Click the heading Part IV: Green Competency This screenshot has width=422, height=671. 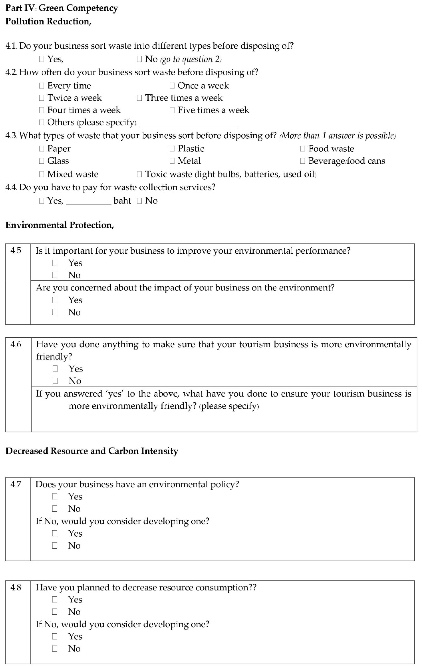tap(61, 8)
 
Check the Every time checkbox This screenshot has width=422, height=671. tap(41, 86)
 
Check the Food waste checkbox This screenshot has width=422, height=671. tap(303, 149)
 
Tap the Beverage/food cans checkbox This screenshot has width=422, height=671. tap(303, 161)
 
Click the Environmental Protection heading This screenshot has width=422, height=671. tap(60, 225)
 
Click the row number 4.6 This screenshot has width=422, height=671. tap(16, 344)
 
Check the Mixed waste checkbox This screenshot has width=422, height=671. tap(41, 174)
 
